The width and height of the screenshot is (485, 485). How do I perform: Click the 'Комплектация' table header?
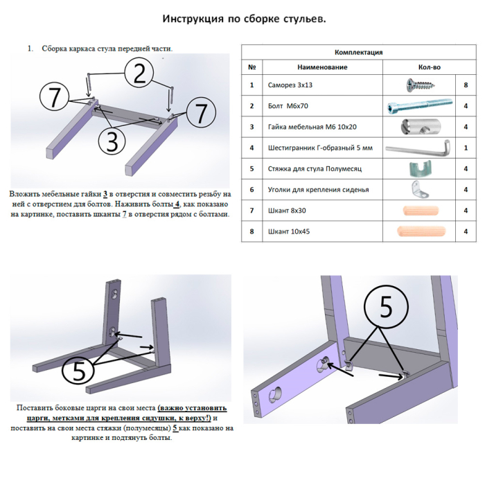(x=358, y=52)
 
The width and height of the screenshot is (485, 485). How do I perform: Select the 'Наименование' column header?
(x=321, y=67)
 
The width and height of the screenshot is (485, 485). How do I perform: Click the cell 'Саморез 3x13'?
(x=290, y=85)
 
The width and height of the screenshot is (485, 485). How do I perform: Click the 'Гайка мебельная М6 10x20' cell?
(x=308, y=127)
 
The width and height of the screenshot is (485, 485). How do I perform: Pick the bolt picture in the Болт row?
(x=418, y=106)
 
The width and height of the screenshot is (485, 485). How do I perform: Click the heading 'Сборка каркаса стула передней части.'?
(x=107, y=48)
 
